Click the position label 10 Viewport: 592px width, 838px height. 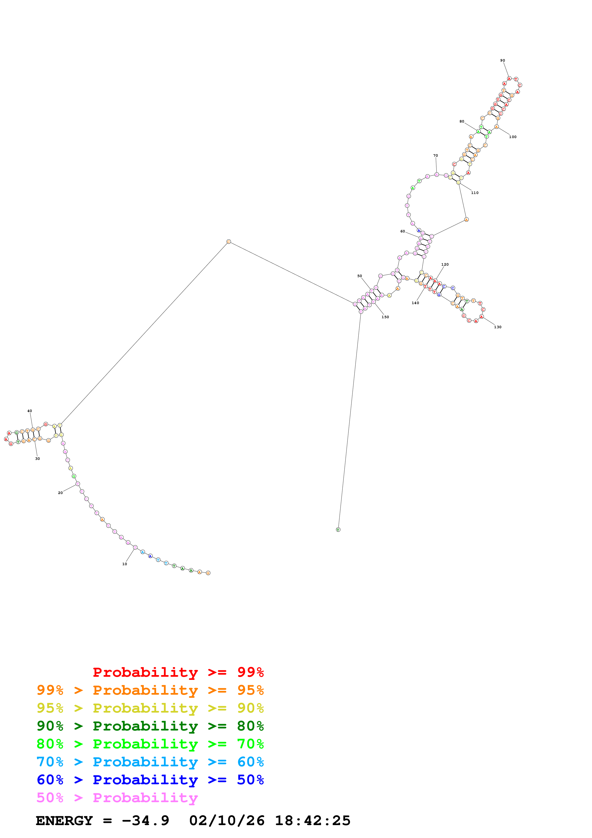(x=124, y=564)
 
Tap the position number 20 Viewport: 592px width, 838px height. (x=60, y=493)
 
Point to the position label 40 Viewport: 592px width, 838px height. (x=30, y=411)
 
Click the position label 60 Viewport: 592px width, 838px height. (x=402, y=231)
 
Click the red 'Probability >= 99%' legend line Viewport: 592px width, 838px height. (x=178, y=672)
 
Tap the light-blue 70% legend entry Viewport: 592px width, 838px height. (x=150, y=762)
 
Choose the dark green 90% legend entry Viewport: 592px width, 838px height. (x=150, y=726)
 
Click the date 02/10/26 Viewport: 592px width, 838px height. (x=227, y=821)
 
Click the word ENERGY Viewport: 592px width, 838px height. (x=64, y=821)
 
